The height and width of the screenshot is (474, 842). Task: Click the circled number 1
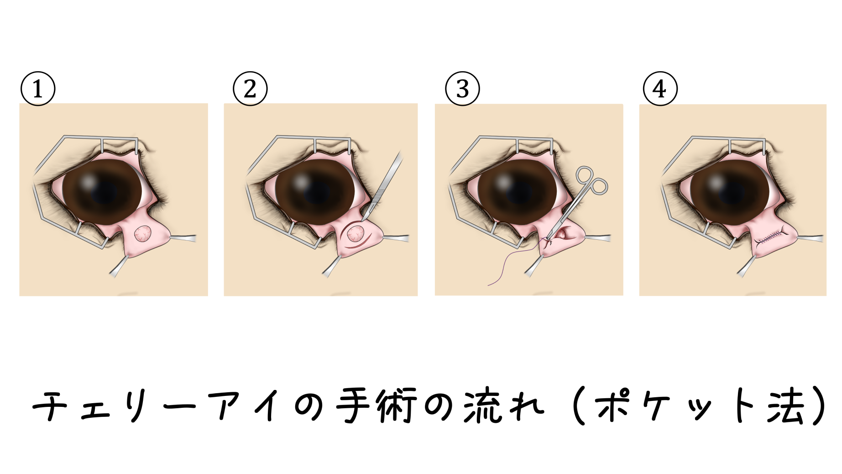(38, 89)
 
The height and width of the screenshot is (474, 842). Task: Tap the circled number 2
(250, 89)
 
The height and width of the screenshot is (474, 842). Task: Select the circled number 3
(462, 89)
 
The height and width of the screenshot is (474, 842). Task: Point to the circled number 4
(660, 89)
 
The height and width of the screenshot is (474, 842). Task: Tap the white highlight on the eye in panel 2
(301, 182)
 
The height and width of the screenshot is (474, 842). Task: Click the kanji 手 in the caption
(354, 406)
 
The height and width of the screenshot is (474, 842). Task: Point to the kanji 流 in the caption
(483, 405)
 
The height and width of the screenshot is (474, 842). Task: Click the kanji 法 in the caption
(785, 406)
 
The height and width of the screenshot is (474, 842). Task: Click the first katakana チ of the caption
(50, 406)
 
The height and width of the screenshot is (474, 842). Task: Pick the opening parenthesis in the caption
(578, 406)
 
